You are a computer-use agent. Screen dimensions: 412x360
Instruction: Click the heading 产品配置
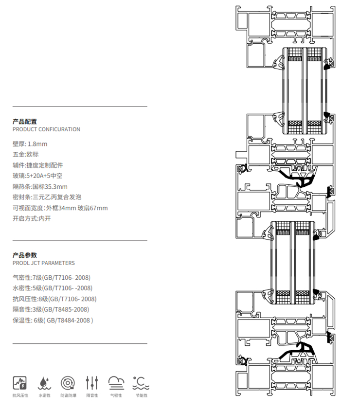pyautogui.click(x=25, y=122)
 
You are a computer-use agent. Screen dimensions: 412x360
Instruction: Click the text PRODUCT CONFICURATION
pyautogui.click(x=46, y=129)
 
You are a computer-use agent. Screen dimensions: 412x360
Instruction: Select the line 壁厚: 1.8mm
pyautogui.click(x=30, y=144)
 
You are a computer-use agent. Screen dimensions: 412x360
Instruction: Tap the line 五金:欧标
pyautogui.click(x=26, y=154)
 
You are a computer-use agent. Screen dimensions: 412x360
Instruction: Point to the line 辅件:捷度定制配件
pyautogui.click(x=38, y=165)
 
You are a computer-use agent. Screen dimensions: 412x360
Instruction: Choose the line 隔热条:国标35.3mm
pyautogui.click(x=40, y=186)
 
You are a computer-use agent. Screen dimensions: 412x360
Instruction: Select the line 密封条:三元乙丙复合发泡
pyautogui.click(x=47, y=197)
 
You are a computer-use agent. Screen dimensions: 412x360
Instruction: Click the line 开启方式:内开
pyautogui.click(x=32, y=218)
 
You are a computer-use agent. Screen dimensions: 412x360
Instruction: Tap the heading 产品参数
pyautogui.click(x=25, y=255)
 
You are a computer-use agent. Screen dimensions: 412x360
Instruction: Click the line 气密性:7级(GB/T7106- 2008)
pyautogui.click(x=52, y=278)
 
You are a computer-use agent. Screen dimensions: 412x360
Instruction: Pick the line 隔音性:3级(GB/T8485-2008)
pyautogui.click(x=51, y=309)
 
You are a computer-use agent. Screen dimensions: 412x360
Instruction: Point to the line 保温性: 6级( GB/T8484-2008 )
pyautogui.click(x=53, y=320)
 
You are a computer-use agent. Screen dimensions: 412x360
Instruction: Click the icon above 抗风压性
pyautogui.click(x=20, y=382)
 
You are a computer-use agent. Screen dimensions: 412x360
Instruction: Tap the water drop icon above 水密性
pyautogui.click(x=44, y=382)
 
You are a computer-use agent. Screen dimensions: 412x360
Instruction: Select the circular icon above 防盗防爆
pyautogui.click(x=68, y=382)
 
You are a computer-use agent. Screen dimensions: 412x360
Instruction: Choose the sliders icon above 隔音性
pyautogui.click(x=92, y=382)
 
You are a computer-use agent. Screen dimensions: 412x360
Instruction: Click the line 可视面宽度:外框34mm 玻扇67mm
pyautogui.click(x=60, y=208)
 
